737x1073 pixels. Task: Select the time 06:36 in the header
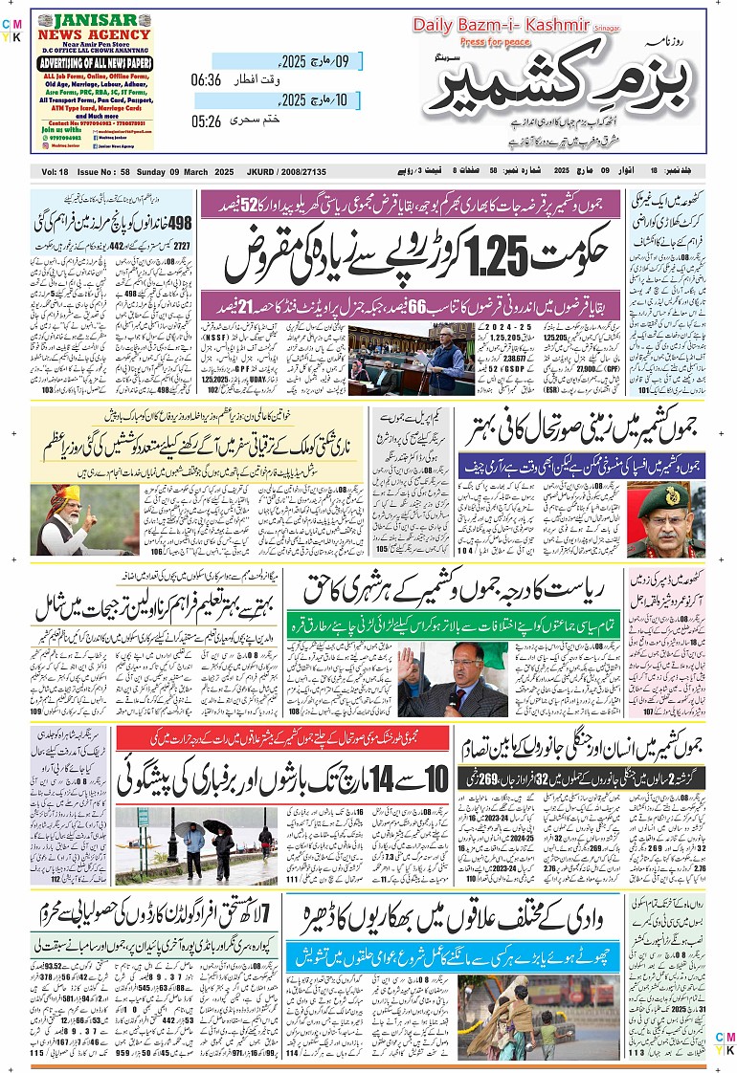pos(206,80)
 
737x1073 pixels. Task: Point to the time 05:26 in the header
pos(206,121)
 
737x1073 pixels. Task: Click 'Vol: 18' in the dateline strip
pos(56,171)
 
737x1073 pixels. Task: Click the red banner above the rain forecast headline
pos(282,738)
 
